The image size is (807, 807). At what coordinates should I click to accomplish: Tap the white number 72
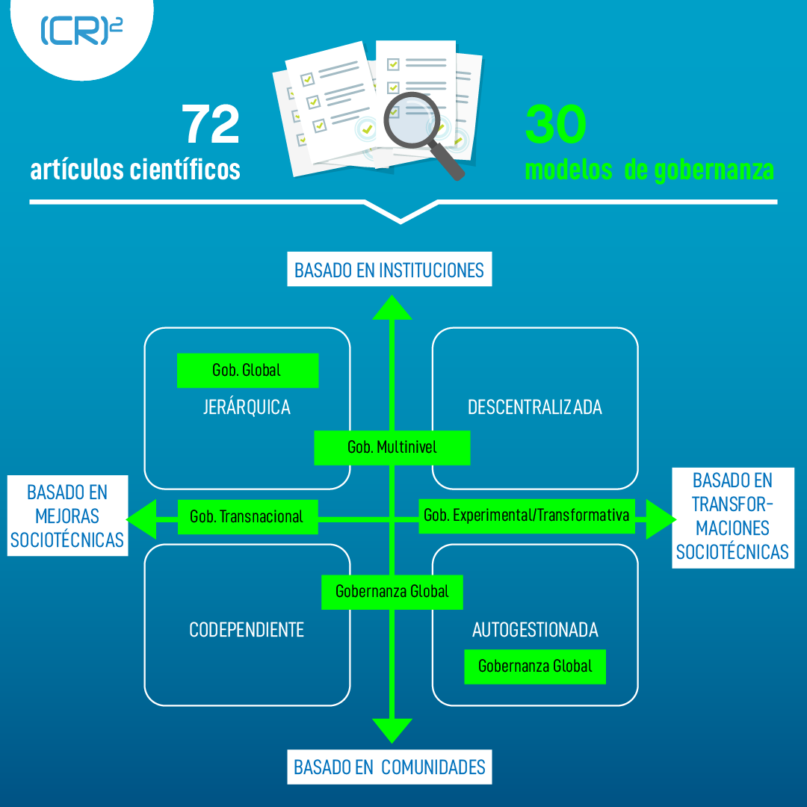pos(211,125)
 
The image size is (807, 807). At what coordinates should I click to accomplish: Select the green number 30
pos(555,125)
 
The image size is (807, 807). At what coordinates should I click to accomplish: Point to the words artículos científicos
pos(135,170)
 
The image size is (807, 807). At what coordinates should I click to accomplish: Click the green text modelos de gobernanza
pos(649,170)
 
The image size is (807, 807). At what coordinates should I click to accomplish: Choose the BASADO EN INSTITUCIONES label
pos(389,270)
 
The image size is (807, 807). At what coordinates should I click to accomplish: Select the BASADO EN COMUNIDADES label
pos(389,767)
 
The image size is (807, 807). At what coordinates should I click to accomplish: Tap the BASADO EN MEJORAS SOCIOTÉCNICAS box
pos(67,516)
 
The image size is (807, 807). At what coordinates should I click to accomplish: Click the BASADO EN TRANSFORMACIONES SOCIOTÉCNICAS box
pos(732,516)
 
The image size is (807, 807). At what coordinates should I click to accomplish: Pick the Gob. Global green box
pos(247,371)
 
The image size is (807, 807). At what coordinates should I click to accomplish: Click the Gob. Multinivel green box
pos(392,448)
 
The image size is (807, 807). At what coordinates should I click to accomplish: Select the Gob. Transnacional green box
pos(247,516)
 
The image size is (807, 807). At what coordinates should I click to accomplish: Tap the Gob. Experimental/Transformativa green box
pos(526,515)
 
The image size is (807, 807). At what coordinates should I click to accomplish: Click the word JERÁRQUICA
pos(247,407)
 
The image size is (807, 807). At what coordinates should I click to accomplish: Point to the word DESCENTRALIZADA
pos(535,407)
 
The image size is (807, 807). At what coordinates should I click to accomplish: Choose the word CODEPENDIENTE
pos(247,630)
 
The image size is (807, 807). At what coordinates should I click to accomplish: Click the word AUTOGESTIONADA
pos(535,630)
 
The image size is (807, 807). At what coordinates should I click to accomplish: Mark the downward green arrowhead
pos(392,729)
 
